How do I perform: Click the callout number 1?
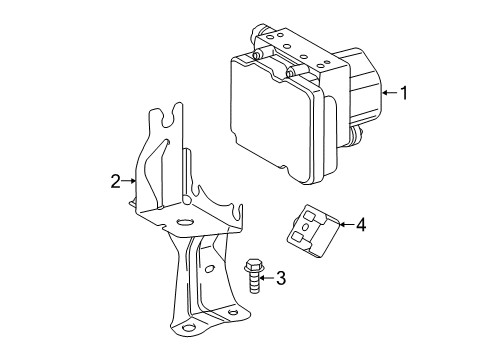[x=404, y=95]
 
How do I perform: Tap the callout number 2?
[x=115, y=180]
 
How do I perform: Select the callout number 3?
[x=281, y=277]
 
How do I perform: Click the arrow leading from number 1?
[x=388, y=95]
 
